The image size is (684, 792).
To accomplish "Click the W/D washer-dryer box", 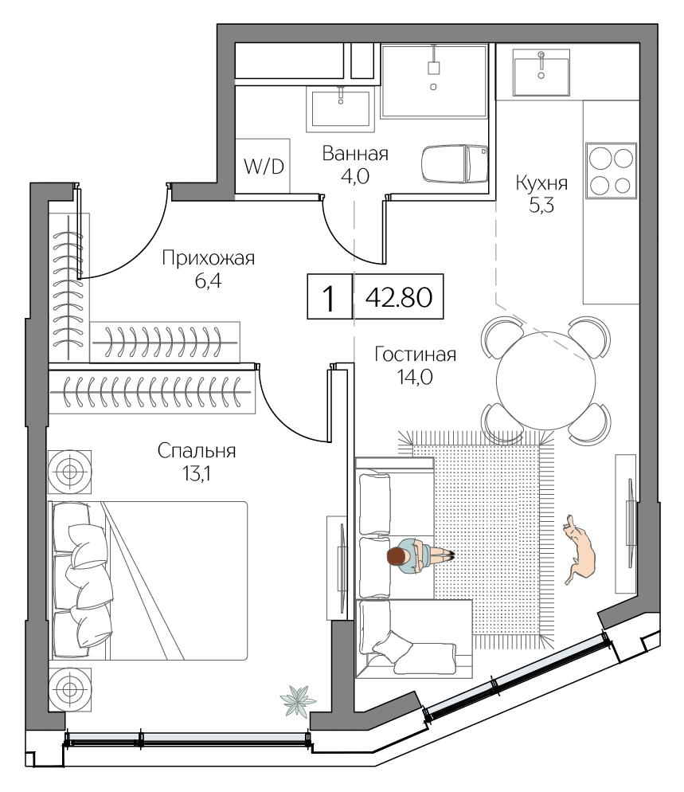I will pos(262,166).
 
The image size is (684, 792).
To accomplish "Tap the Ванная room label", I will pos(354,154).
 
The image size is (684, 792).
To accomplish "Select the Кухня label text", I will pos(541,183).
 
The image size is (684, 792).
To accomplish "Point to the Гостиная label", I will pos(415,355).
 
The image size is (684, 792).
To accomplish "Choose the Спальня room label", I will pos(197,451).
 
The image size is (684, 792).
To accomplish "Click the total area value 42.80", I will pos(397,297).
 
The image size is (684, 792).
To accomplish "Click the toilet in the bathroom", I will pos(453,163).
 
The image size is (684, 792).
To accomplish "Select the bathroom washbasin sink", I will pos(340,108).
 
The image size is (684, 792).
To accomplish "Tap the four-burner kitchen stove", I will pos(611,170).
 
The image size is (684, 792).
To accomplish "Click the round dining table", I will pos(545,379).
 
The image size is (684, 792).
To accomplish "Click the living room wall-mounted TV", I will pos(628,522).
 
